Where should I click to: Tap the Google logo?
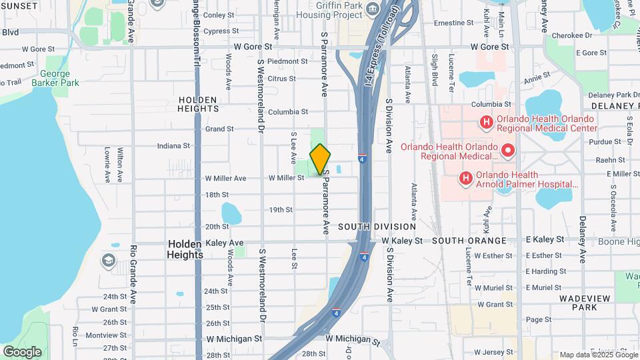click(22, 351)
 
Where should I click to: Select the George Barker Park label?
click(59, 78)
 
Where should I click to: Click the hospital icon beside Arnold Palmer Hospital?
click(465, 179)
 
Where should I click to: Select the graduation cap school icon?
click(108, 259)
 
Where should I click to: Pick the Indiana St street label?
click(173, 146)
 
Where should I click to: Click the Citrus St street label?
click(281, 79)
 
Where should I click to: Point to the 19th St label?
click(281, 210)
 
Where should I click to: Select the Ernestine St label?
click(453, 23)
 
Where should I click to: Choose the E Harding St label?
click(545, 271)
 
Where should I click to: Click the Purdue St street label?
click(605, 141)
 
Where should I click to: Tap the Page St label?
click(534, 319)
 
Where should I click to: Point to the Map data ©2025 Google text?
click(598, 355)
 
